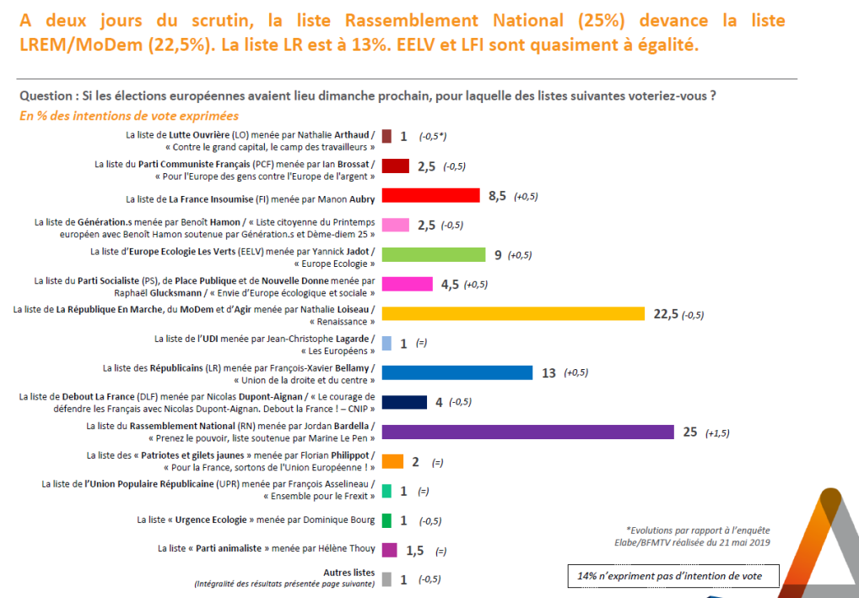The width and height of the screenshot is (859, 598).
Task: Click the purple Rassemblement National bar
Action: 527,432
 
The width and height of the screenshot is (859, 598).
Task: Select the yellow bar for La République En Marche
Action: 513,313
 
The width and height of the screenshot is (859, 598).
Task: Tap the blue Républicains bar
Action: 457,372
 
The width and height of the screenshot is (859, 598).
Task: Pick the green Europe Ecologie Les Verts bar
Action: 434,254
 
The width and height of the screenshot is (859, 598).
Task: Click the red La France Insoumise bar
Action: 431,196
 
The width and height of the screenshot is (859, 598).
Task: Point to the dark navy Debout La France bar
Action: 404,402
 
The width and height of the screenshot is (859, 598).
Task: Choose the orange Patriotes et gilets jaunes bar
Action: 392,461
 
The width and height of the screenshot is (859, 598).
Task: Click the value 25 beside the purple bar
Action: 689,432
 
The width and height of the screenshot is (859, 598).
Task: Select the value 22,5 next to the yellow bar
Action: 666,314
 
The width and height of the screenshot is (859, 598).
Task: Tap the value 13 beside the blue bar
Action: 548,373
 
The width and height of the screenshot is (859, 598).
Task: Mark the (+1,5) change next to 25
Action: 716,432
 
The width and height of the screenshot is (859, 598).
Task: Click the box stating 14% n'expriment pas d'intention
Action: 673,575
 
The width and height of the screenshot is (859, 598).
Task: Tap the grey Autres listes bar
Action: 386,579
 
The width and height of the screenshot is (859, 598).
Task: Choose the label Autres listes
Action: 349,573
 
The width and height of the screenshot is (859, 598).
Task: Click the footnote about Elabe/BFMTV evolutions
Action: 697,535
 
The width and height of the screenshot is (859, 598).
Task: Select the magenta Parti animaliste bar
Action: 390,550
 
